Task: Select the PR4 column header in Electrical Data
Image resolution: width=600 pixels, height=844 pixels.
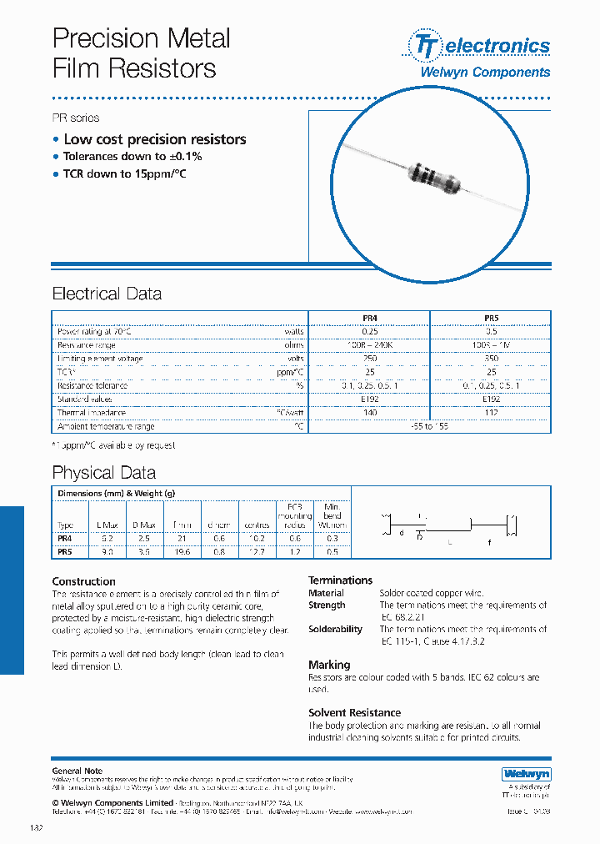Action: click(369, 318)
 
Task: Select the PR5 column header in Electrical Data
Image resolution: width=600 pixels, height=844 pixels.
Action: click(491, 318)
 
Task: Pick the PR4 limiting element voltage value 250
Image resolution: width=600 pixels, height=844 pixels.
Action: click(369, 359)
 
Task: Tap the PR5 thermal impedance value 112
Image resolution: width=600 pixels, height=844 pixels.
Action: click(491, 413)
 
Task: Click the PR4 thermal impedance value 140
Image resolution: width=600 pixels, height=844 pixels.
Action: click(369, 413)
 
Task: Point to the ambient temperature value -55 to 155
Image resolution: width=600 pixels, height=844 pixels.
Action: click(430, 426)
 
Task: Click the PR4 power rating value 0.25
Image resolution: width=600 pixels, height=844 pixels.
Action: click(369, 331)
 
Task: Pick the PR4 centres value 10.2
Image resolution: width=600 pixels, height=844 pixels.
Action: click(257, 538)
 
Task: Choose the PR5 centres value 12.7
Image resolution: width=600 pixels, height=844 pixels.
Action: click(257, 551)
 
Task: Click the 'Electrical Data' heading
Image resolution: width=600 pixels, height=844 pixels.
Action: click(107, 294)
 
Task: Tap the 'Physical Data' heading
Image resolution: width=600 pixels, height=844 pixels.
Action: click(103, 473)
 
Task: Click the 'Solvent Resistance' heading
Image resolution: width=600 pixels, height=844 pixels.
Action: click(354, 713)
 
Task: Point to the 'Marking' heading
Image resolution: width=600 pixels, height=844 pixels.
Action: click(329, 665)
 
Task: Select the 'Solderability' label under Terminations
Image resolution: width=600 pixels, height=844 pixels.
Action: click(335, 630)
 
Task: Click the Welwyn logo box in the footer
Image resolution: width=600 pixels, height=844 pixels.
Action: click(526, 774)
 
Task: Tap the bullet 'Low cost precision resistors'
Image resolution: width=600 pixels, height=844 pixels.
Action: click(154, 139)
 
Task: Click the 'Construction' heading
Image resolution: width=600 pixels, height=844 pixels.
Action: click(83, 581)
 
